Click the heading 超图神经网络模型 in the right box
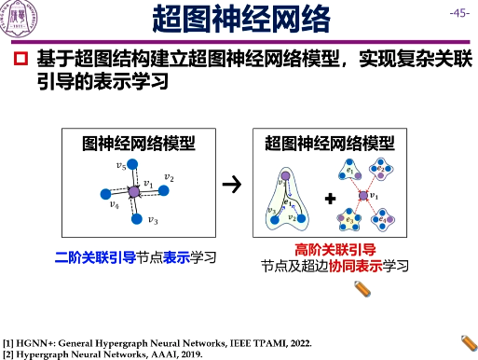(x=330, y=143)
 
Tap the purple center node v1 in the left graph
(x=133, y=190)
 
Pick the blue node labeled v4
(x=103, y=193)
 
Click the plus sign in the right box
(x=329, y=199)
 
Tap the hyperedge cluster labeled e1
(x=351, y=172)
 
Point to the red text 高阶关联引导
(x=335, y=250)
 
